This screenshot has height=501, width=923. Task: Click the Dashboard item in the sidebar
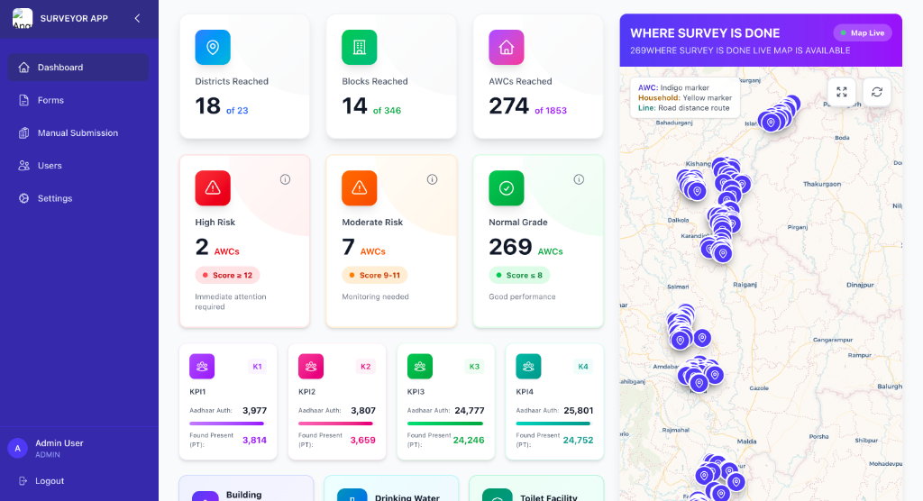(x=59, y=68)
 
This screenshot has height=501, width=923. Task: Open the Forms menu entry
(x=50, y=100)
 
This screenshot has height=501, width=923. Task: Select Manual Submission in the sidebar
(x=78, y=133)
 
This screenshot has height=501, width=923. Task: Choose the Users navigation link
(x=50, y=166)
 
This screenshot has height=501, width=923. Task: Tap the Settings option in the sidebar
(x=54, y=198)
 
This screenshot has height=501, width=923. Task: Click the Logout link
(x=50, y=481)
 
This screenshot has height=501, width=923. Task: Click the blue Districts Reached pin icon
(x=213, y=47)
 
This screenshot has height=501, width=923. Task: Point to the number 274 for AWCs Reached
(x=508, y=106)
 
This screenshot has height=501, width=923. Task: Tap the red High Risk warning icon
(x=213, y=187)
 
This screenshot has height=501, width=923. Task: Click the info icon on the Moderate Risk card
(x=433, y=179)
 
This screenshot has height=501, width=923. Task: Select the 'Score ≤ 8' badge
(x=520, y=275)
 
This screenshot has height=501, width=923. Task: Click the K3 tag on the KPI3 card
(x=474, y=367)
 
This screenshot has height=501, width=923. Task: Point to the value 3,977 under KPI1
(x=254, y=411)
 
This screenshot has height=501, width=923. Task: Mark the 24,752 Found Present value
(x=578, y=441)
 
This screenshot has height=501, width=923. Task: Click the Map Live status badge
(x=863, y=33)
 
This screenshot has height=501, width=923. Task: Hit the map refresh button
(x=876, y=92)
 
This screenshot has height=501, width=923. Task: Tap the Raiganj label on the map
(x=745, y=285)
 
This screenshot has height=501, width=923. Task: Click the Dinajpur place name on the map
(x=861, y=285)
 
